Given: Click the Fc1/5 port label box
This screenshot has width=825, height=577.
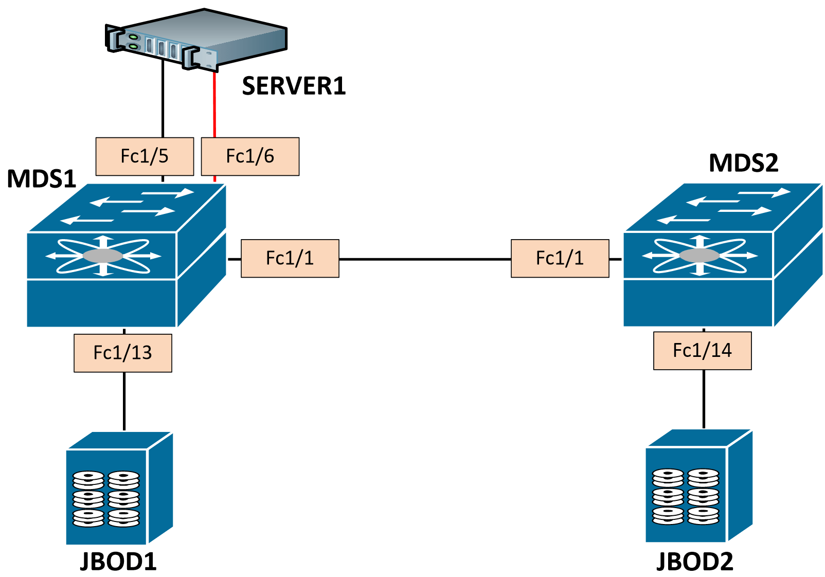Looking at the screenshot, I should [145, 156].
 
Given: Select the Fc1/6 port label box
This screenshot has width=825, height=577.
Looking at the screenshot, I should [250, 156].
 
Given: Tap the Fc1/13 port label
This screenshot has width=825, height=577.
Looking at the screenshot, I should [122, 353].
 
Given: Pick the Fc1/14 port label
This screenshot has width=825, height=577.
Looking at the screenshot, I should [702, 351].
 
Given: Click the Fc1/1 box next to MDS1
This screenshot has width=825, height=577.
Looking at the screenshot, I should [290, 258].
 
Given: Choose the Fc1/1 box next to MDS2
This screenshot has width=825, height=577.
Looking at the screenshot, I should [560, 258].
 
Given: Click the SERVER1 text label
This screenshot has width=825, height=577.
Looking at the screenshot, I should [294, 86].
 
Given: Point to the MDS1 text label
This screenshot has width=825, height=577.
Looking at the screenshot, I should [42, 179].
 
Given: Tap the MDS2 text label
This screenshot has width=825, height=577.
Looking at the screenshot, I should [743, 163].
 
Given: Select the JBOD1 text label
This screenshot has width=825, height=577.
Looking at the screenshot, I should [118, 562].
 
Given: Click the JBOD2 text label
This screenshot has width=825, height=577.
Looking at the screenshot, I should [694, 562].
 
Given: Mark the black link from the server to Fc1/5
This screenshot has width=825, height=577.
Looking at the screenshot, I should [163, 98].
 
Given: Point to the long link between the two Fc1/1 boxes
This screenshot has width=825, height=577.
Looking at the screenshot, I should [425, 259].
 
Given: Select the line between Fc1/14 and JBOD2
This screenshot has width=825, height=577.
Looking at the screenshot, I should [704, 399].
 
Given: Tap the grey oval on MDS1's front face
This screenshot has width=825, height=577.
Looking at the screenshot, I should [103, 256].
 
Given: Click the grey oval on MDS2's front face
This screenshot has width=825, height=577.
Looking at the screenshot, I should [700, 255].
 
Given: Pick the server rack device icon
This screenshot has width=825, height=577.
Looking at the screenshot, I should [195, 39].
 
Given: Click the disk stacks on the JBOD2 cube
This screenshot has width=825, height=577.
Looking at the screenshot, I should [686, 496].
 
